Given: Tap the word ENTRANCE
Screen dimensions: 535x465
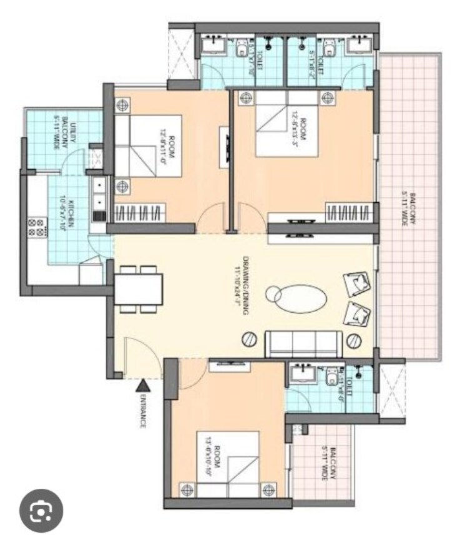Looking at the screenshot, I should point(143,411).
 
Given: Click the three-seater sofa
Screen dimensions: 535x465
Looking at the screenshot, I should point(303,344).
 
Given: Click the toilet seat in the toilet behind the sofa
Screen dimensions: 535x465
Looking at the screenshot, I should point(331,376).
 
